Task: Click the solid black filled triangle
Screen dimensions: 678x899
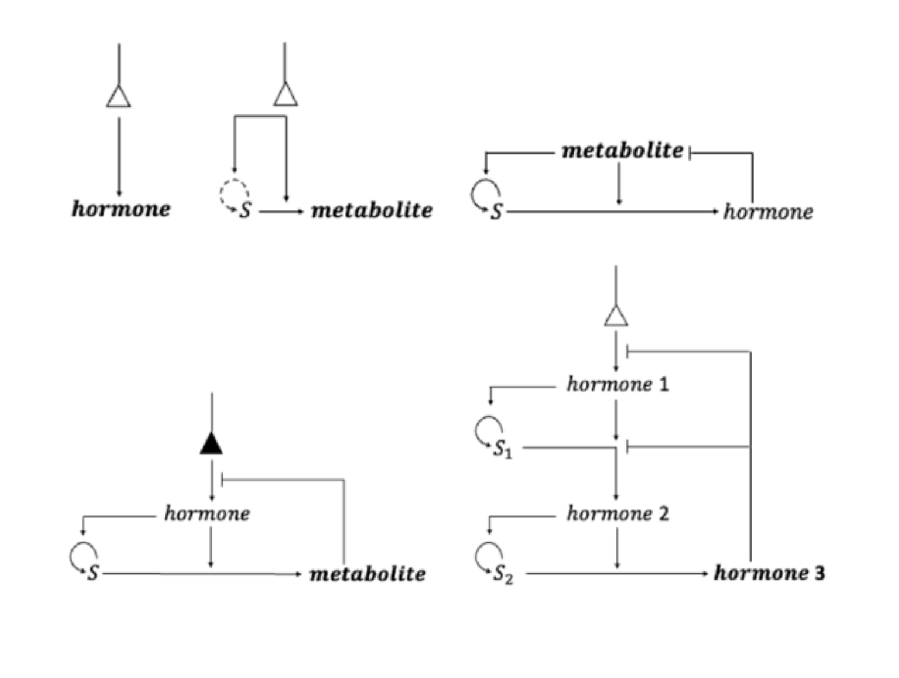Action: click(x=211, y=444)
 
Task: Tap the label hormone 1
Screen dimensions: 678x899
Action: click(x=617, y=384)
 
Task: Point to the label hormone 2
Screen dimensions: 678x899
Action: click(x=617, y=513)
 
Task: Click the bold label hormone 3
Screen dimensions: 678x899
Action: click(x=769, y=573)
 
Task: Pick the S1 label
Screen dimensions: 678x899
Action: click(x=502, y=450)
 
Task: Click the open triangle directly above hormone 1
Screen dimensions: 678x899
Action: click(x=616, y=316)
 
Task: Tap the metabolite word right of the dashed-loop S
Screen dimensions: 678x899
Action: click(x=371, y=210)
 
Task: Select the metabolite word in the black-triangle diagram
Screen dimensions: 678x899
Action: click(x=367, y=574)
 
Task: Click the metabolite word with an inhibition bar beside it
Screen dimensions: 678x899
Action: click(x=623, y=151)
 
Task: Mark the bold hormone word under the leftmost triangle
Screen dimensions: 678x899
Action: click(x=121, y=209)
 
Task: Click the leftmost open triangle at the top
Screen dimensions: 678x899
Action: click(x=119, y=96)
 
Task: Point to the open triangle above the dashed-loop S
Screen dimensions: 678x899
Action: click(x=286, y=95)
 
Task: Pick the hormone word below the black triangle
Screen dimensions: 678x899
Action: click(x=207, y=513)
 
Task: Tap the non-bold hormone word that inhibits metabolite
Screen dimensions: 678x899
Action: click(x=768, y=212)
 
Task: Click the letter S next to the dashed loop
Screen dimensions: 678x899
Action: click(x=246, y=211)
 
